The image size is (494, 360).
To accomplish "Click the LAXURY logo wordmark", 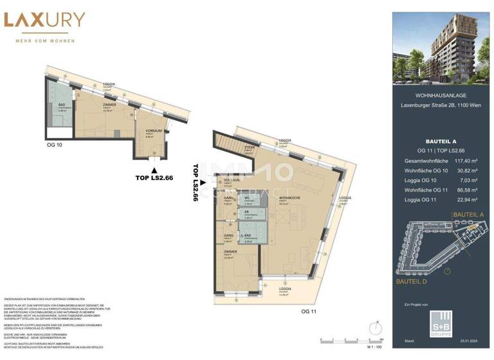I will pyautogui.click(x=44, y=21).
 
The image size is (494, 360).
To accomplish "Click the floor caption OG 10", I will pyautogui.click(x=55, y=145).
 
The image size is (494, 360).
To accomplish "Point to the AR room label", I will pyautogui.click(x=247, y=213).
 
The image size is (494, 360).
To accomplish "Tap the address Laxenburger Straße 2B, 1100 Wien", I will pyautogui.click(x=441, y=105).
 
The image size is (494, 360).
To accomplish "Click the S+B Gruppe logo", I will pyautogui.click(x=442, y=322).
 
